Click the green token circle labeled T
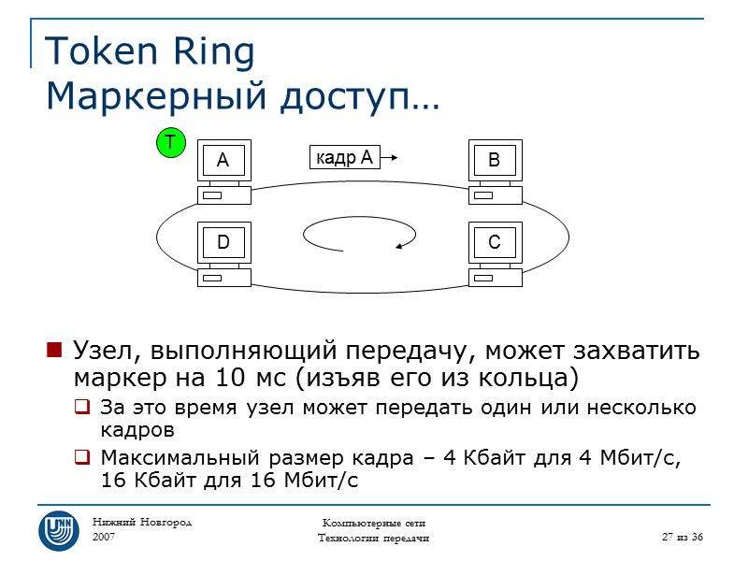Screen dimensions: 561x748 (170, 143)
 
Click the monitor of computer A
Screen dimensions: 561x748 (223, 161)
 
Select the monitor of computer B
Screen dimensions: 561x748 (494, 161)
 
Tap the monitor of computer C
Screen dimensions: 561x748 (494, 243)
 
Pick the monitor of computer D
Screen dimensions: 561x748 (223, 243)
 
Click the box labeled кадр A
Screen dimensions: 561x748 (341, 158)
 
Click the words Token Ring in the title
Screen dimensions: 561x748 (150, 52)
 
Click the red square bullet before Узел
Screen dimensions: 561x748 (53, 352)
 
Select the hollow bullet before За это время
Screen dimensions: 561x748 (81, 409)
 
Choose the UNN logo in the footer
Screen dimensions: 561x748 (58, 530)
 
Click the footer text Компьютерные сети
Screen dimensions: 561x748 (373, 522)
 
